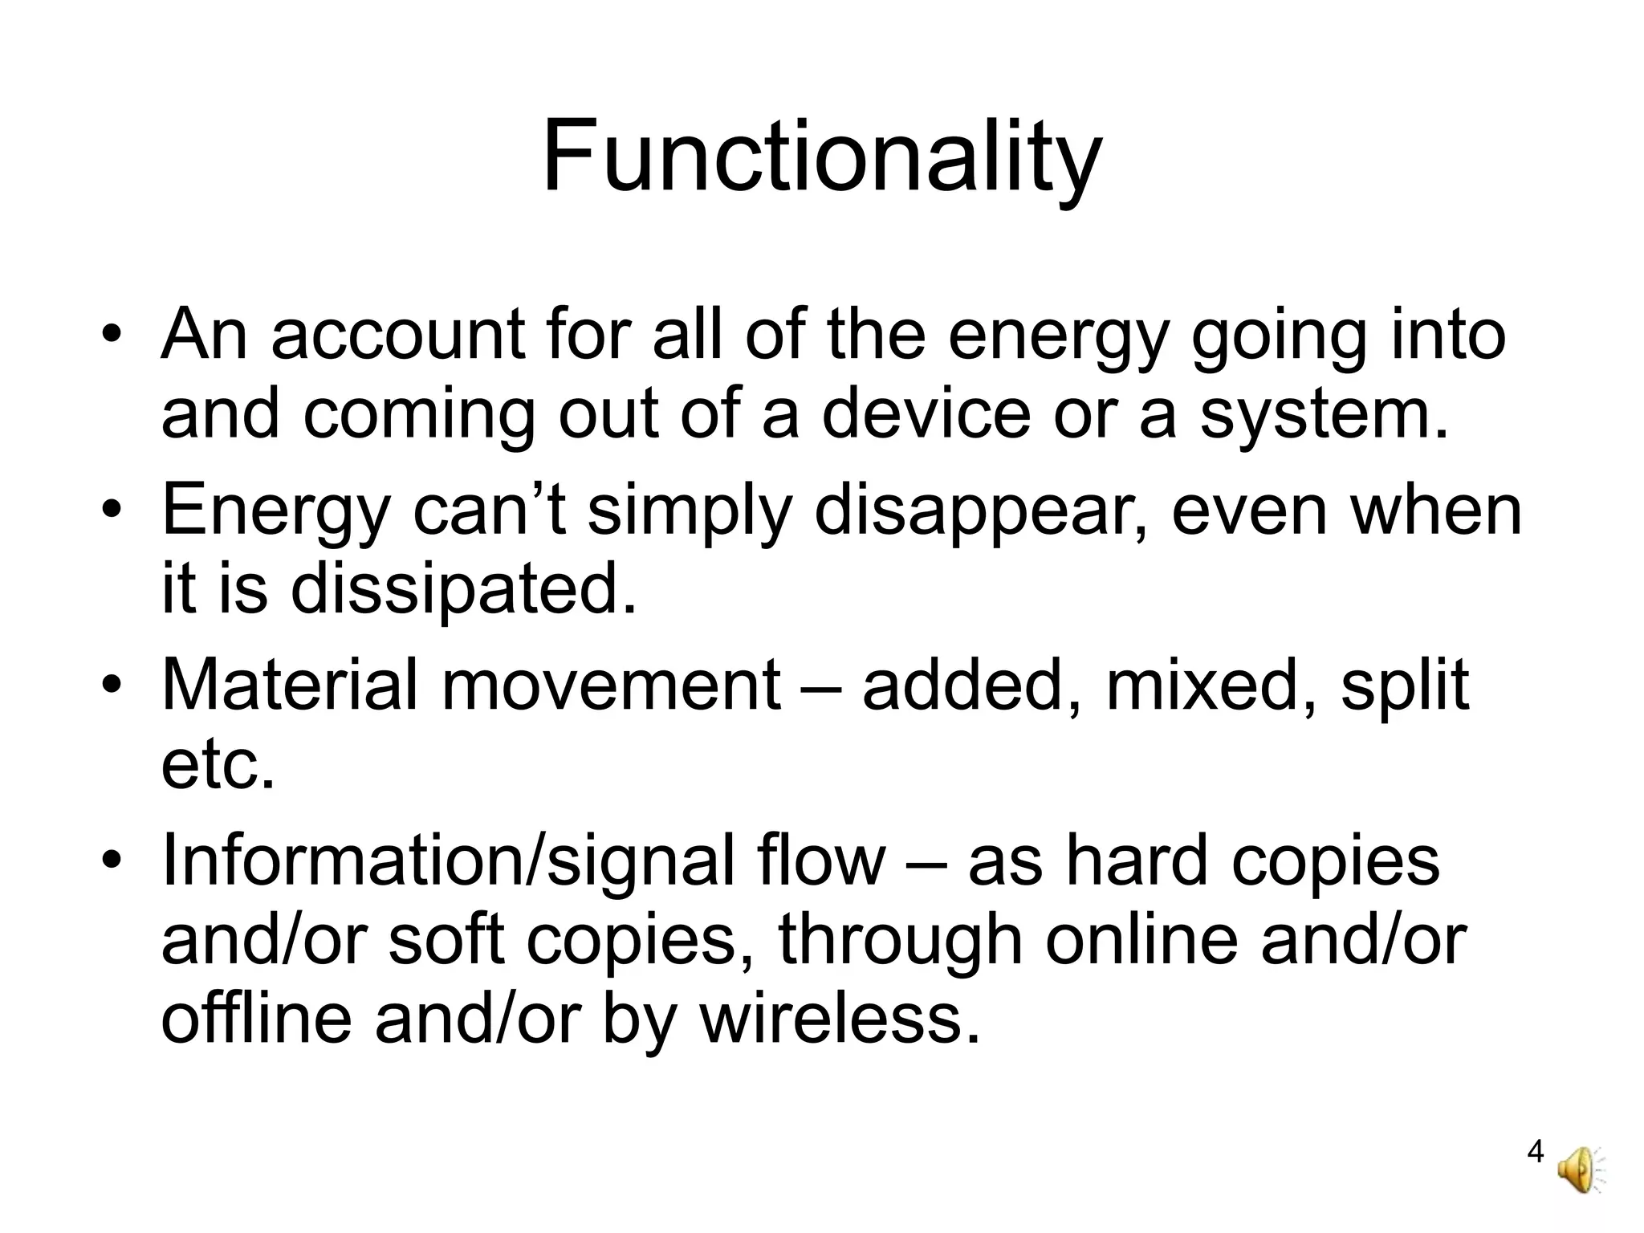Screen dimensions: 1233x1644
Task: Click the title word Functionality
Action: tap(822, 157)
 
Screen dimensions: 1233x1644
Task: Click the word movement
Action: tap(611, 687)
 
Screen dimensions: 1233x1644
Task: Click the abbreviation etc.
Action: tap(218, 765)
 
